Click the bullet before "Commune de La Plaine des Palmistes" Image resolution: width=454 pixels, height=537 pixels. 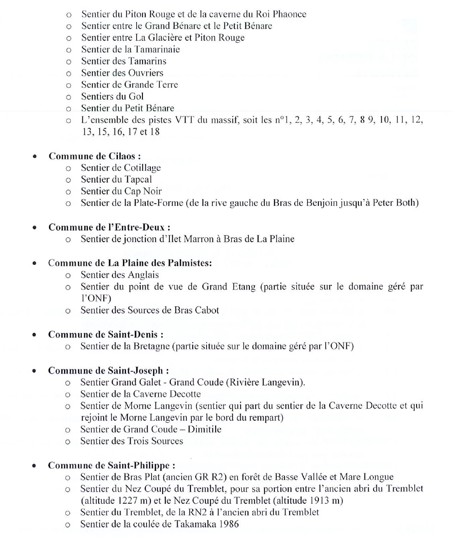point(35,263)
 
